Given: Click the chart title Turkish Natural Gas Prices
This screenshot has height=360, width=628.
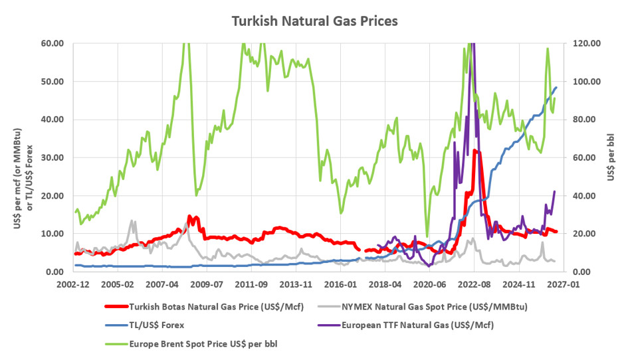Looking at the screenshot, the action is coord(315,21).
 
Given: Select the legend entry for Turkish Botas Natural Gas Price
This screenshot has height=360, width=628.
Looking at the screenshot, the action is coord(204,307).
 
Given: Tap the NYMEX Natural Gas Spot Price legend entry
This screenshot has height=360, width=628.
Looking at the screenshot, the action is coord(423,307).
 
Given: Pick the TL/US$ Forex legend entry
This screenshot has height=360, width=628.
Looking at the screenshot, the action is coord(145,325).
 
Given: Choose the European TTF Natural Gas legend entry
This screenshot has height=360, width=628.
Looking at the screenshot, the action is coord(406,325).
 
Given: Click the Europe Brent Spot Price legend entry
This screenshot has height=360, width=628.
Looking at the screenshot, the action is coord(191,344).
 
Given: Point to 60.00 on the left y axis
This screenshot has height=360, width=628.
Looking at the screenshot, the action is coord(52,43).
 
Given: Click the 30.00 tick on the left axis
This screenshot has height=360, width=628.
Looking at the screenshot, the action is coord(52,158).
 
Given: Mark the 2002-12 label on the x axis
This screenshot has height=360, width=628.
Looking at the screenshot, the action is coord(73,285).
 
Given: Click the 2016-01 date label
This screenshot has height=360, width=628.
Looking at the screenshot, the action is coord(340,285).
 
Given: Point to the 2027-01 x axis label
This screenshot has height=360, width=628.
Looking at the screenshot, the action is coord(563,285).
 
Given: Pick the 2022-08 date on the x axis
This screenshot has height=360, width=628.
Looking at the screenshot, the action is coord(474,285).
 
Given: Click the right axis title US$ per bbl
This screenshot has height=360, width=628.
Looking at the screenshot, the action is coord(611,157).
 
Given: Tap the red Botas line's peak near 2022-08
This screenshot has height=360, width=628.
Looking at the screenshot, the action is coord(474,151).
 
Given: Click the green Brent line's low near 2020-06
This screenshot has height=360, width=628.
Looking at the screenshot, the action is coord(427,236).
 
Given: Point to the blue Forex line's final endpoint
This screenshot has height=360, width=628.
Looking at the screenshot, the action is coord(556,87).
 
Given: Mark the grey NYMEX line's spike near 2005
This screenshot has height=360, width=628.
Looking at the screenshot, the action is coord(132,221).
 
